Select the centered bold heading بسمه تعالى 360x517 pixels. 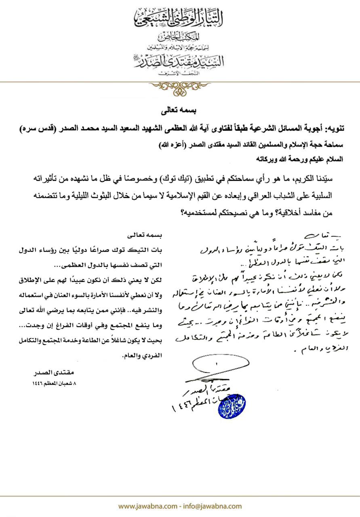pos(180,109)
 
